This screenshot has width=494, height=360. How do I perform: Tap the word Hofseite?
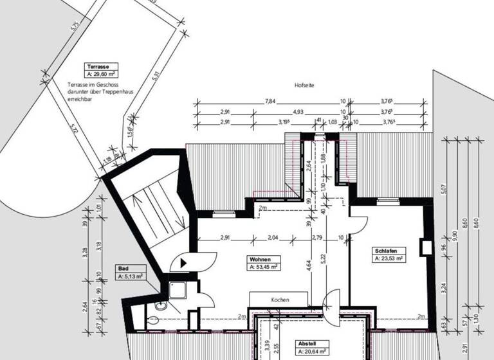tap(304, 85)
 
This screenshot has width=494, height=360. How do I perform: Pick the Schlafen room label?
tap(385, 251)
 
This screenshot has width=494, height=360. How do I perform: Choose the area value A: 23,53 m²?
tap(389, 258)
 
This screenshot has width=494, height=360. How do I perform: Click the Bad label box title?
tap(123, 269)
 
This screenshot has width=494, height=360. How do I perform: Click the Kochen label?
tap(279, 300)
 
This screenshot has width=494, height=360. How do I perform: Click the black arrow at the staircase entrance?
tap(184, 262)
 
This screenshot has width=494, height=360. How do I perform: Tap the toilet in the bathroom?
tap(158, 308)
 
